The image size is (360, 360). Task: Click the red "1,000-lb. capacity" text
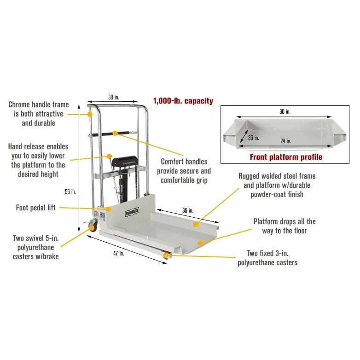click(x=183, y=101)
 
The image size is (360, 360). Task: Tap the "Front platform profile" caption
click(x=285, y=157)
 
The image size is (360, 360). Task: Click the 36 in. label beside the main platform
click(x=188, y=210)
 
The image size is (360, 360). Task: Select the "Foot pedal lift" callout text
click(x=35, y=208)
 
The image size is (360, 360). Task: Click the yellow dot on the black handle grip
click(x=115, y=134)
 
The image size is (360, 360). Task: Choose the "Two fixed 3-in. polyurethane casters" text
click(x=267, y=258)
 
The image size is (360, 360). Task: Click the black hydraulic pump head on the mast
click(x=125, y=161)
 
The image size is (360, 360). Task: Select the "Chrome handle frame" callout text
click(x=39, y=105)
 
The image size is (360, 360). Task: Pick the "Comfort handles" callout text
click(x=184, y=162)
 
